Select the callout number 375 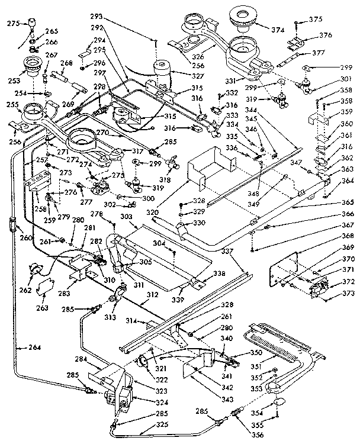pos(316,20)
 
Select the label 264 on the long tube pos(34,347)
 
